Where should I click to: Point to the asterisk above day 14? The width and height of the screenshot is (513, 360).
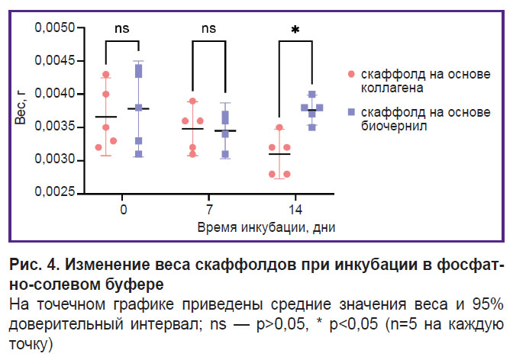(x=295, y=31)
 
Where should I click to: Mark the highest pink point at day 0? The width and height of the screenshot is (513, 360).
(x=106, y=75)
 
